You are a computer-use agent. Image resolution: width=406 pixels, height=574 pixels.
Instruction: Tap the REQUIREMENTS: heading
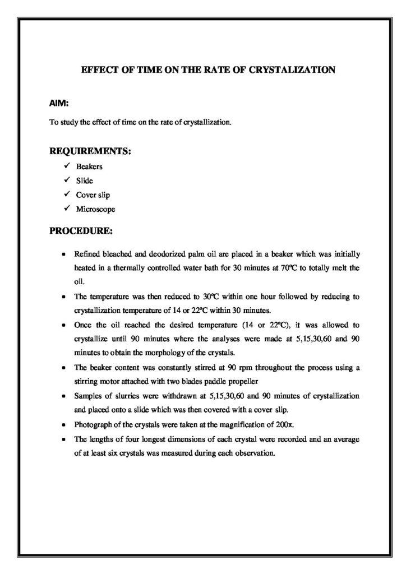pyautogui.click(x=90, y=151)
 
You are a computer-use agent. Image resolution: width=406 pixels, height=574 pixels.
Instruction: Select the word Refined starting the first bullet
pyautogui.click(x=87, y=254)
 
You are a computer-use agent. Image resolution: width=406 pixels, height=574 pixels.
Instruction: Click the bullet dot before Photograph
pyautogui.click(x=64, y=424)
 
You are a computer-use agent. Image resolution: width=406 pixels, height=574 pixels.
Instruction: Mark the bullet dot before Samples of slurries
pyautogui.click(x=64, y=396)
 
